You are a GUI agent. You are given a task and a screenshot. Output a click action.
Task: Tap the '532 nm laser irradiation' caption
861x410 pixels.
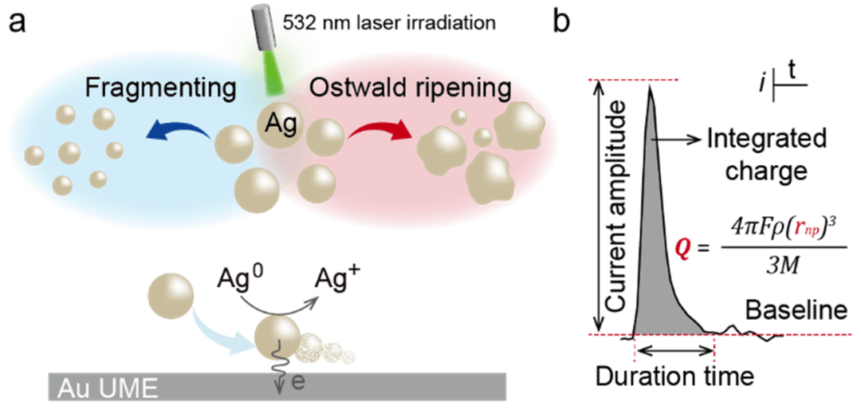click(x=389, y=23)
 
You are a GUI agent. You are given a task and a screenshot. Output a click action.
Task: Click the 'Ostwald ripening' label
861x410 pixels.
click(x=411, y=87)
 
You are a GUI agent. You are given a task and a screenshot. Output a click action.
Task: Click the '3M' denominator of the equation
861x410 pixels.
click(x=780, y=267)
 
